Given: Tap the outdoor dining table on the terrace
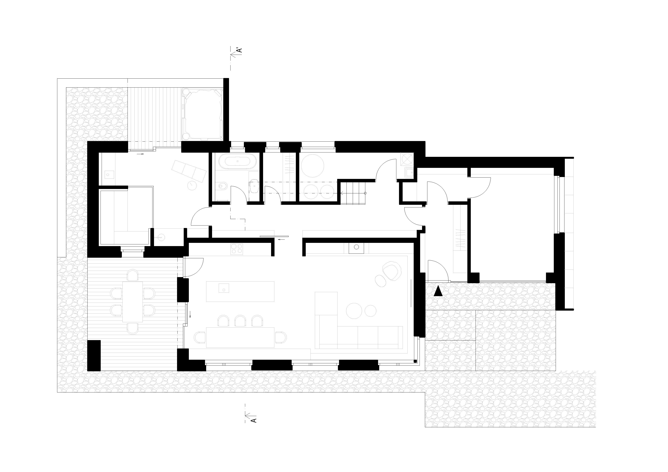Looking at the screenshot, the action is click(133, 302).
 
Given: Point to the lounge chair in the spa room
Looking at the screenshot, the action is click(189, 170).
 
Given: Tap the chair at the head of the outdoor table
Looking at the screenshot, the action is click(133, 275).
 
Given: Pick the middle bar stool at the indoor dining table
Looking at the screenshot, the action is click(240, 321).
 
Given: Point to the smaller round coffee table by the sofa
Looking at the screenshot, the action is click(370, 310).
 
